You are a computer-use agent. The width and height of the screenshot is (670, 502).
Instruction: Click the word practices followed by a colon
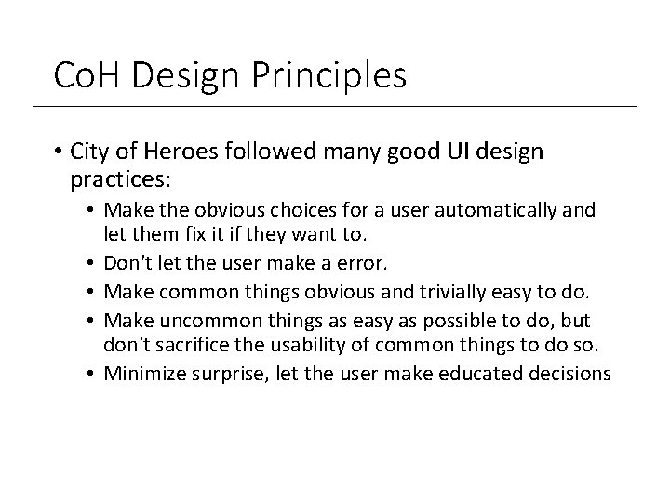113,177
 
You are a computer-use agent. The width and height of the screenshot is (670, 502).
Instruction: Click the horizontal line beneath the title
335,106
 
